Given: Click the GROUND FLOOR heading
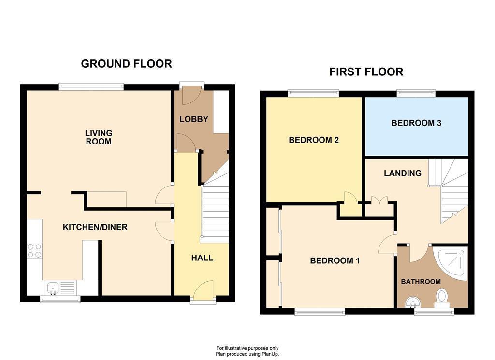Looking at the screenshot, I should point(126,64).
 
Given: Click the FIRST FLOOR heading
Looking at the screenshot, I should point(366,72).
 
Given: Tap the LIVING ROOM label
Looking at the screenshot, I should point(98,137).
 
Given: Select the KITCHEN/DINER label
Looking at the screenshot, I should point(95,227).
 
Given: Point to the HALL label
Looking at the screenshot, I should point(202,258).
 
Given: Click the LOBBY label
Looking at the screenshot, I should point(193,119).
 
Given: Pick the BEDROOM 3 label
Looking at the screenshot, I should point(416,123).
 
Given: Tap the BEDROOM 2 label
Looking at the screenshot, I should point(313,140).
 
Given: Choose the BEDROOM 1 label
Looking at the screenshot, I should point(335,261).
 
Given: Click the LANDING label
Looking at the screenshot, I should point(403,173).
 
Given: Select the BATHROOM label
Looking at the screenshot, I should point(421,282).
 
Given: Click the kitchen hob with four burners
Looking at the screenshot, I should point(34,250).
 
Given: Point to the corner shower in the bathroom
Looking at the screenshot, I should point(452,262).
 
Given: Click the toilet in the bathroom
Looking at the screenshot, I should point(441,297).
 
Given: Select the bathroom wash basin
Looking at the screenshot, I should point(412,302).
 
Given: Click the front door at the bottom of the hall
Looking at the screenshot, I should point(203,293).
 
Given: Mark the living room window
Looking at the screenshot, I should point(91,86).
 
